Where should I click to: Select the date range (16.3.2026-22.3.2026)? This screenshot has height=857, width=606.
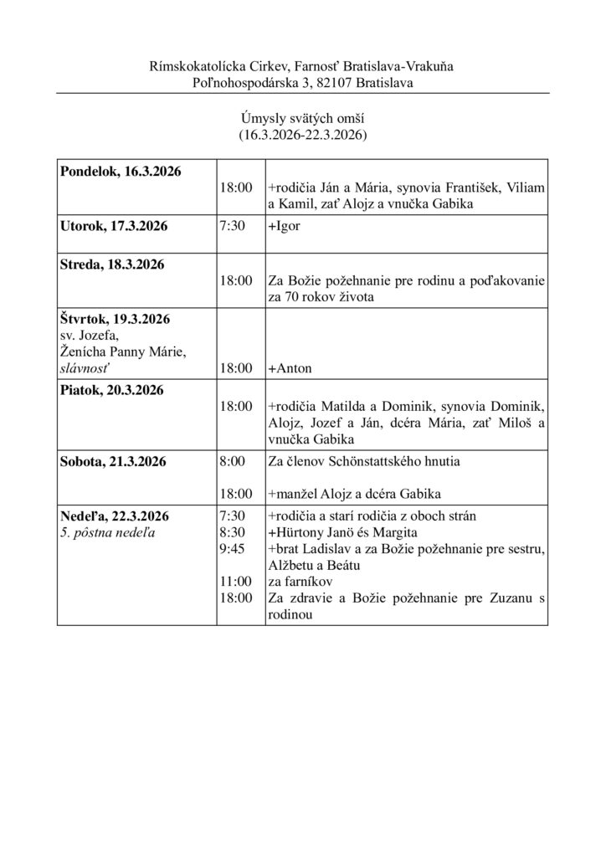point(302,134)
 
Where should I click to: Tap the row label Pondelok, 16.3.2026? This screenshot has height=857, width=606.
point(119,172)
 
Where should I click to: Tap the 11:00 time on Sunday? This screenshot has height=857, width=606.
point(234,580)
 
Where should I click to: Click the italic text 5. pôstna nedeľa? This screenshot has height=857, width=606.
point(108,532)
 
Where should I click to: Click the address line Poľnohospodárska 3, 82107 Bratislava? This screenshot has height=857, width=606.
point(302,82)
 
